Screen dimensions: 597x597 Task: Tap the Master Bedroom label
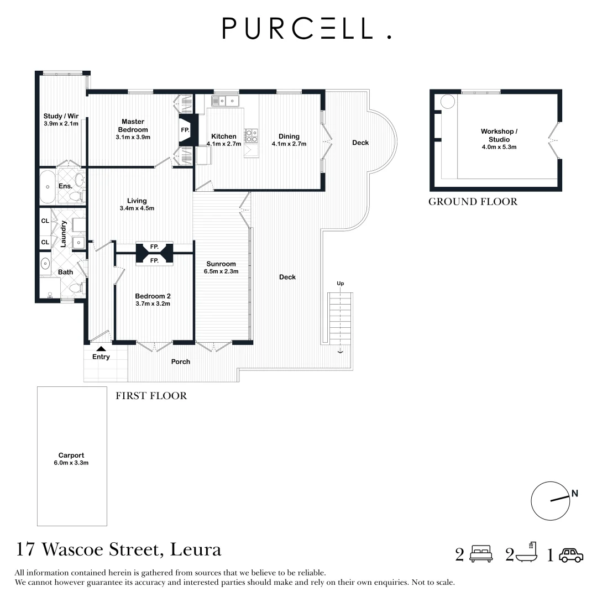pyautogui.click(x=133, y=125)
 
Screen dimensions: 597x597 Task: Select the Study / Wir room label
pyautogui.click(x=61, y=116)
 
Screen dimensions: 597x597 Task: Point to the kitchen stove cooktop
pyautogui.click(x=252, y=135)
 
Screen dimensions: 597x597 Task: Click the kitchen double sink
pyautogui.click(x=224, y=101)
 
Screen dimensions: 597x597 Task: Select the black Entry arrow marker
pyautogui.click(x=101, y=348)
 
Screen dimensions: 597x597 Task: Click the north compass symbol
pyautogui.click(x=551, y=500)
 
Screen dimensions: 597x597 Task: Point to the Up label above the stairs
pyautogui.click(x=341, y=284)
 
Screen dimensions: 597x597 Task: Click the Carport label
pyautogui.click(x=71, y=455)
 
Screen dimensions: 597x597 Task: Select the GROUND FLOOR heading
pyautogui.click(x=473, y=202)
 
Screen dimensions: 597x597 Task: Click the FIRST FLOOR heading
pyautogui.click(x=151, y=396)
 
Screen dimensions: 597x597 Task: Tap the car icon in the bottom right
pyautogui.click(x=571, y=555)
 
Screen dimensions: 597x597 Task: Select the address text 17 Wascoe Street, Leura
pyautogui.click(x=119, y=549)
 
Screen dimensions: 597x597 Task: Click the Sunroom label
pyautogui.click(x=221, y=264)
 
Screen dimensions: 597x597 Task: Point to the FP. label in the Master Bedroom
pyautogui.click(x=185, y=130)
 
